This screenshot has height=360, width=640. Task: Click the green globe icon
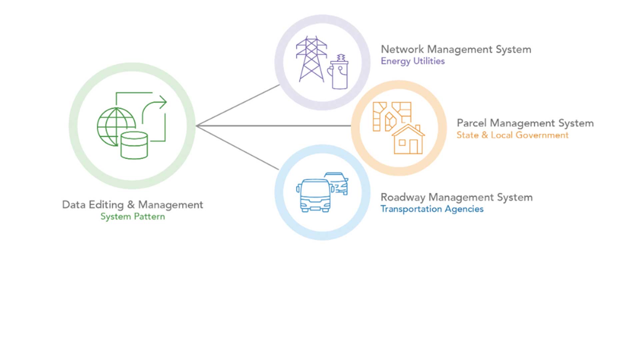[113, 127]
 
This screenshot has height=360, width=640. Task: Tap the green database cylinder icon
[134, 145]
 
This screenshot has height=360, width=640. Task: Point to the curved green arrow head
[162, 102]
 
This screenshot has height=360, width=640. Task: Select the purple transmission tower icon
[311, 59]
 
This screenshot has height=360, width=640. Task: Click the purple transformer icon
[339, 73]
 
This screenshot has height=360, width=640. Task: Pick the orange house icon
[408, 140]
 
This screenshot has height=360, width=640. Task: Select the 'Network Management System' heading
[456, 49]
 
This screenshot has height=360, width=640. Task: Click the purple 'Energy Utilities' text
[413, 61]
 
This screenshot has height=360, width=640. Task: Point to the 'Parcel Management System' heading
[525, 123]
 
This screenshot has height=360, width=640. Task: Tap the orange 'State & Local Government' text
[512, 135]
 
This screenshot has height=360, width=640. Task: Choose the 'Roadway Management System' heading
[456, 197]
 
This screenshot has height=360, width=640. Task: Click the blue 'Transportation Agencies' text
[432, 209]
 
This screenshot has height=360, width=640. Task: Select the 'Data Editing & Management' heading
[132, 205]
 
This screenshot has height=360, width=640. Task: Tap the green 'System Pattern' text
[133, 217]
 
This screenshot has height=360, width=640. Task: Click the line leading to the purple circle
[238, 105]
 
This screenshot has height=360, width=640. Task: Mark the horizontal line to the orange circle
[273, 126]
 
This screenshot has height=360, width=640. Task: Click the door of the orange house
[413, 147]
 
